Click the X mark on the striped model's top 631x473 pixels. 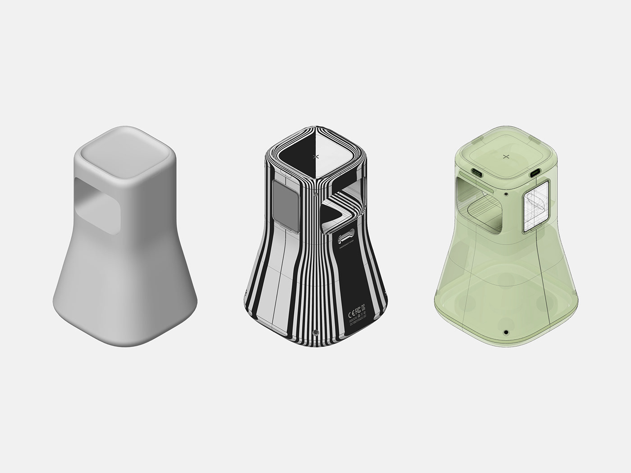click(315, 156)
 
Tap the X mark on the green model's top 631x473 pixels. click(505, 156)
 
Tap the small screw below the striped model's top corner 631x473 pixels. click(315, 195)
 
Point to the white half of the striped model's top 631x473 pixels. click(334, 155)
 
